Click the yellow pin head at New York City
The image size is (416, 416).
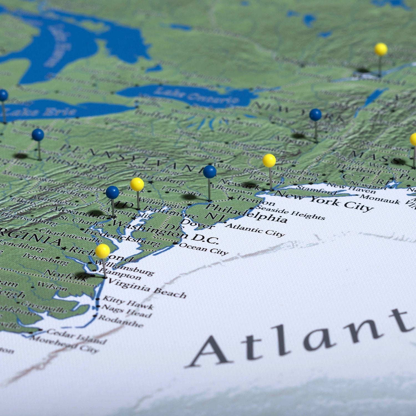269,161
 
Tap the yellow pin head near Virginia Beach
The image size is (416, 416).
103,251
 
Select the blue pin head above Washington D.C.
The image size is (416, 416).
112,192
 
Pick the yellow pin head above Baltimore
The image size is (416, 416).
137,184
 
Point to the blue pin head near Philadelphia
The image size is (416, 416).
210,172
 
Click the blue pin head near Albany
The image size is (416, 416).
315,115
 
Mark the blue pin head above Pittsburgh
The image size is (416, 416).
38,135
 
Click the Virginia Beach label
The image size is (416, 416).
147,288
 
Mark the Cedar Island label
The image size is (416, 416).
77,335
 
